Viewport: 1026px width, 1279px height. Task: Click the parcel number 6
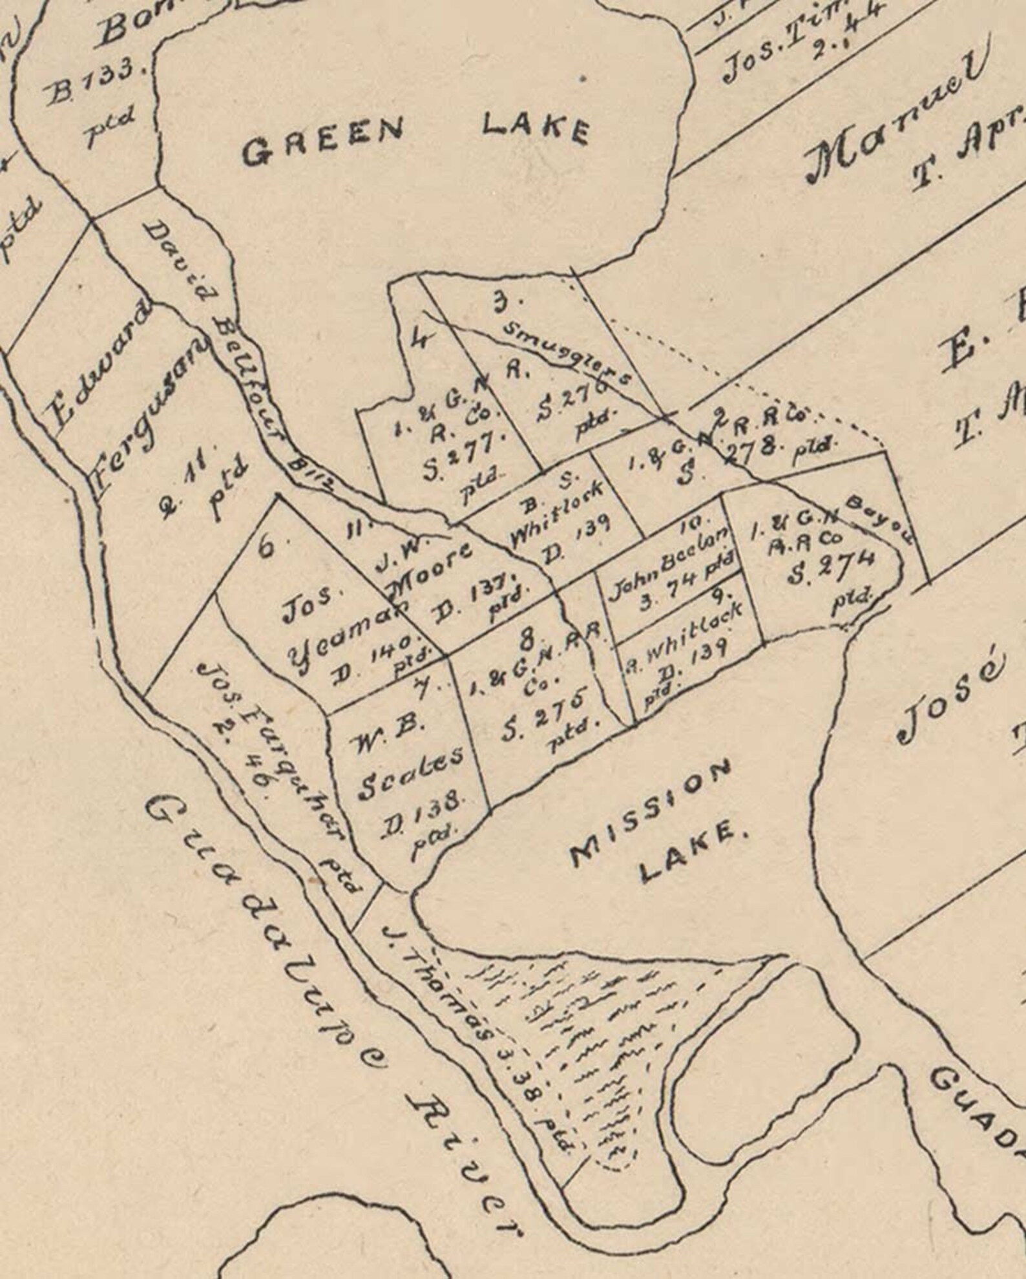[266, 547]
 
